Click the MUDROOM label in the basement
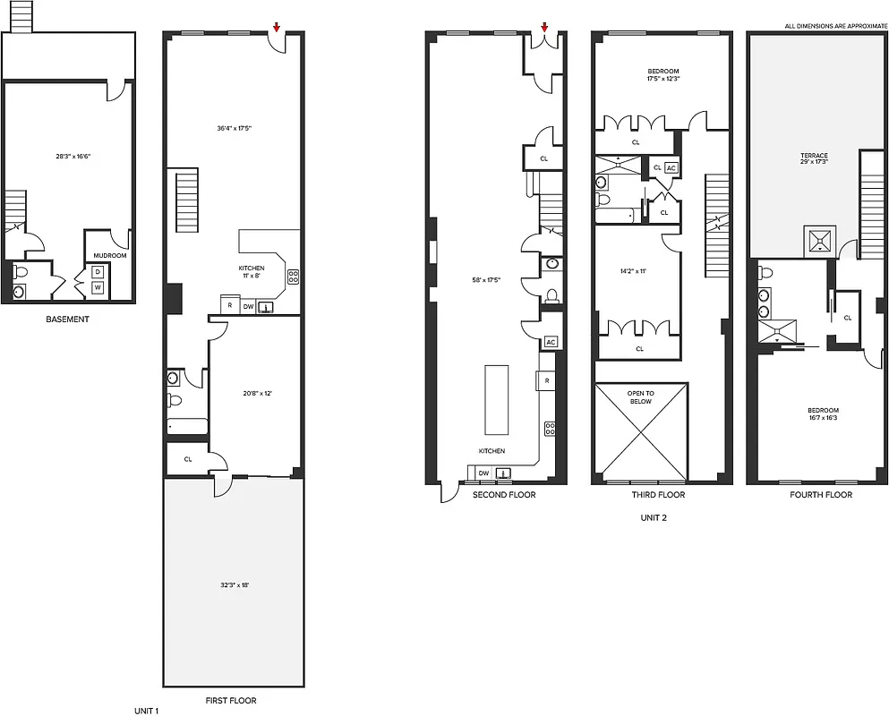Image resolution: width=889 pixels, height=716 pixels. pos(110,255)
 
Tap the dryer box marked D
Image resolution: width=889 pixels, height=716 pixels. pos(98,271)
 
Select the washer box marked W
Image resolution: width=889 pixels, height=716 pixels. pos(98,288)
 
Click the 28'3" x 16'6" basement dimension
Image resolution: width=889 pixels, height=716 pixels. pos(73,157)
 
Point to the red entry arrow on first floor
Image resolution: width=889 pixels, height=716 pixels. pos(277,27)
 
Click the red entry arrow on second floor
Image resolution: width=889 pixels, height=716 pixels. pos(543,27)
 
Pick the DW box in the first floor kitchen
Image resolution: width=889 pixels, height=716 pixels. pos(248,306)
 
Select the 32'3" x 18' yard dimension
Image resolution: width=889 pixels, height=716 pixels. pos(234,584)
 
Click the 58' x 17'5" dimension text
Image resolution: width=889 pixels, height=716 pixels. pos(486,280)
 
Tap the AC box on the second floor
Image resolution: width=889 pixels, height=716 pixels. pos(551,342)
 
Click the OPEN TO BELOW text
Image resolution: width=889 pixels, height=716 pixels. pos(640,397)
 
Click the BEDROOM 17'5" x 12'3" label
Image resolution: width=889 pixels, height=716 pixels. pos(662,75)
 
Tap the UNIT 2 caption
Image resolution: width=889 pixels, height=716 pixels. pos(653,517)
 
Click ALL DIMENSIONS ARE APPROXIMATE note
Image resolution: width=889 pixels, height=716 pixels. pos(834,26)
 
